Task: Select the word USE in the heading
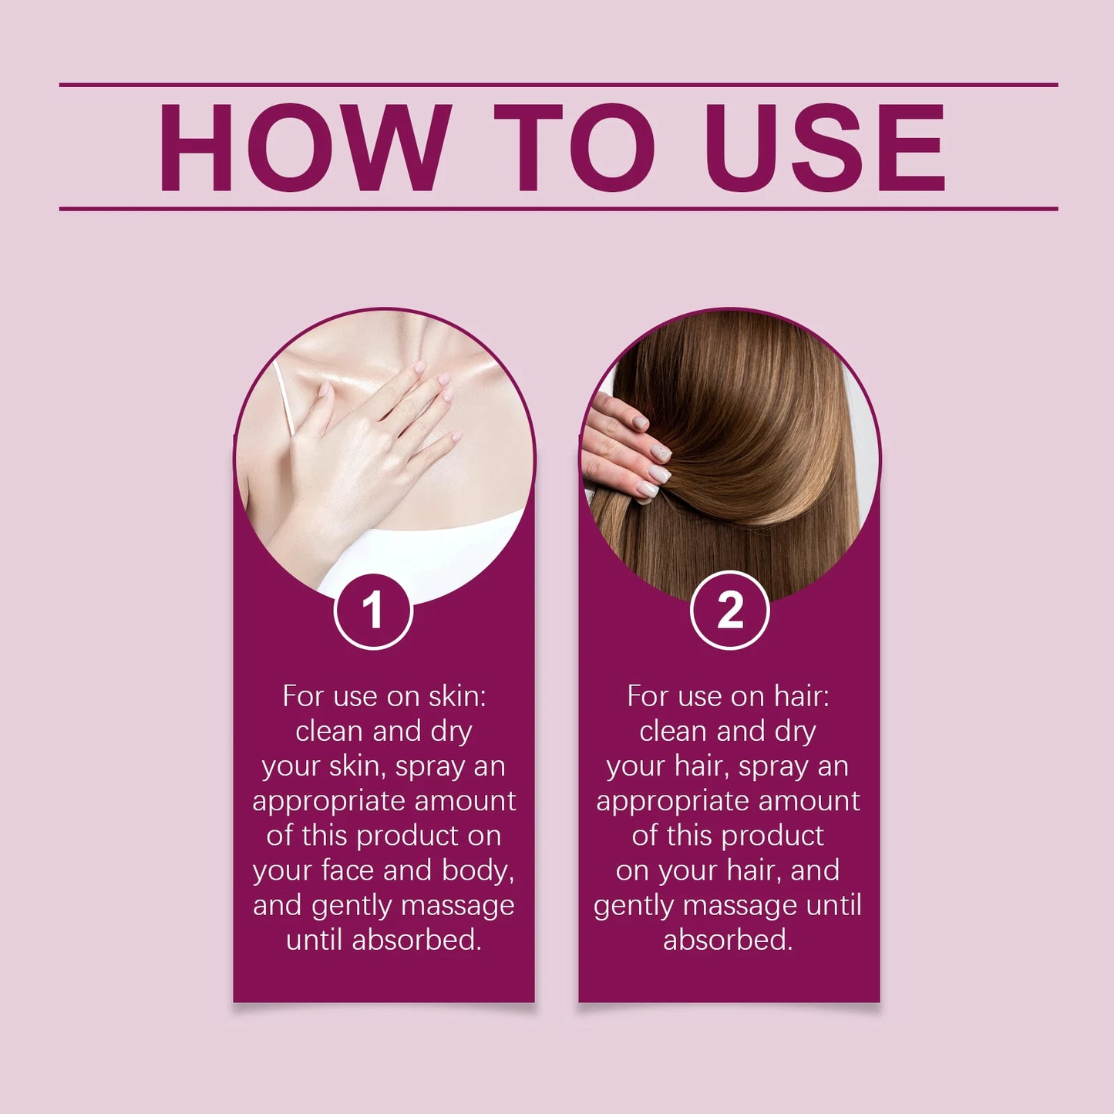pos(824,147)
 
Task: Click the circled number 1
pos(374,611)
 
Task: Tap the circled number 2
pos(729,611)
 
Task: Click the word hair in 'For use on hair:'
pos(801,696)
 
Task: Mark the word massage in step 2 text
pos(739,905)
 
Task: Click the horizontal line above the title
pos(558,85)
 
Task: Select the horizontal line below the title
pos(558,208)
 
